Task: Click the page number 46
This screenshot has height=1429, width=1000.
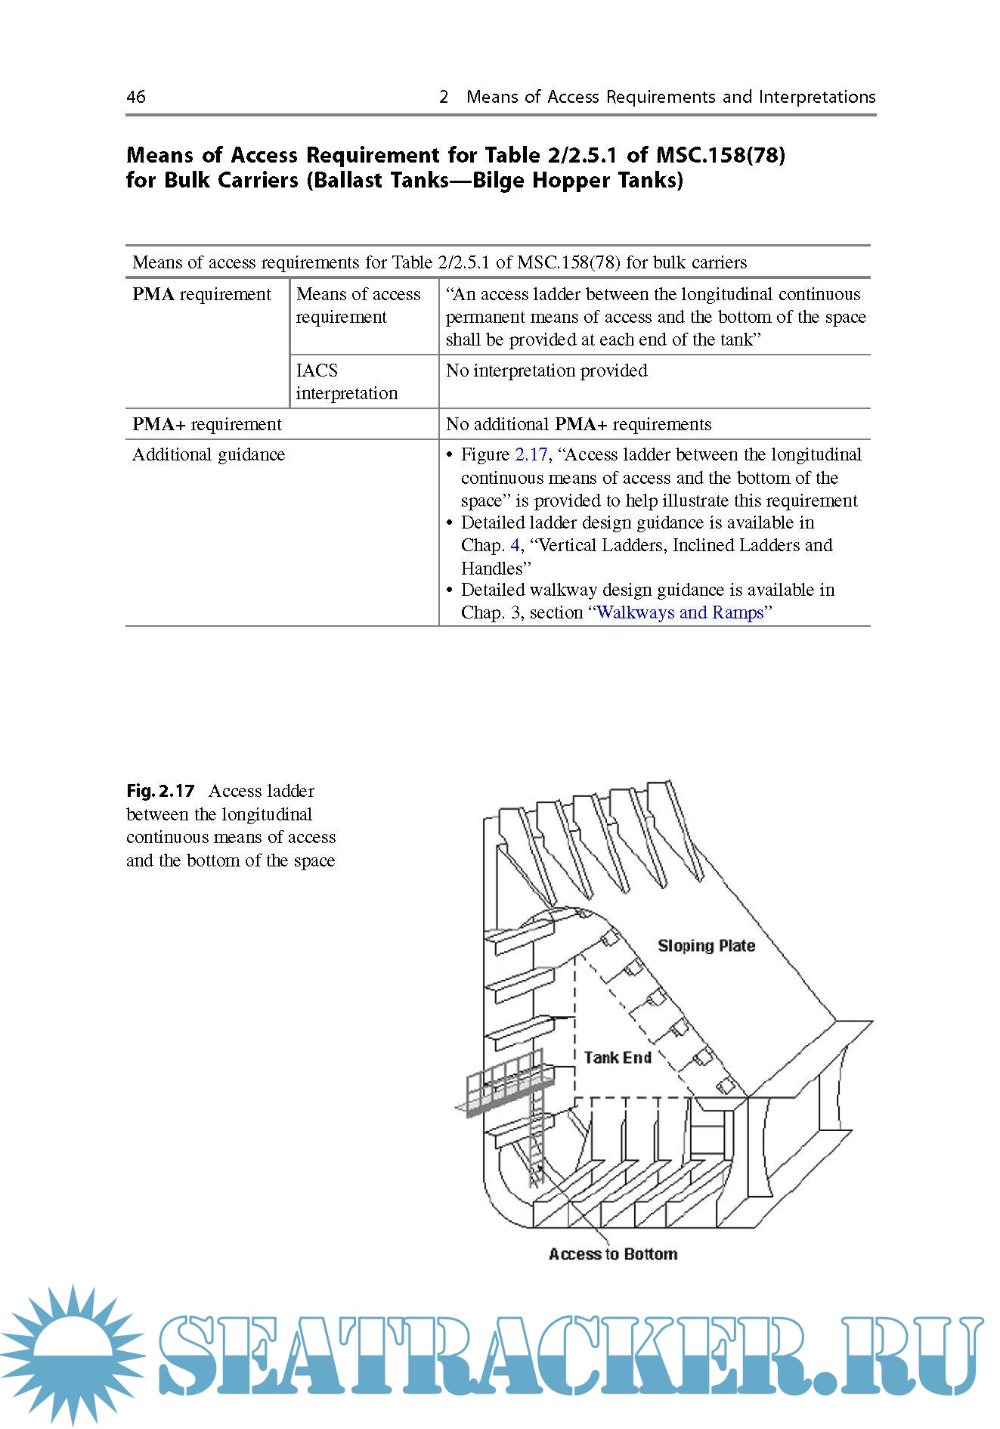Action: click(136, 97)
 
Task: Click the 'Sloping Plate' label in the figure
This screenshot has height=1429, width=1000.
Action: click(706, 946)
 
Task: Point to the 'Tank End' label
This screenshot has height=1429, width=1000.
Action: click(617, 1058)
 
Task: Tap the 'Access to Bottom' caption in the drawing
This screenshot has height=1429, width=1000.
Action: click(612, 1254)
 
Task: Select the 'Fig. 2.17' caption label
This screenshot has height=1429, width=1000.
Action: click(160, 791)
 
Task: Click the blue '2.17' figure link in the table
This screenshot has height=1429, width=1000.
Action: click(531, 454)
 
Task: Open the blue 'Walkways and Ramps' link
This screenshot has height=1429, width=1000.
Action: click(680, 612)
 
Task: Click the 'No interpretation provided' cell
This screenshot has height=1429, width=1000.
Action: click(546, 370)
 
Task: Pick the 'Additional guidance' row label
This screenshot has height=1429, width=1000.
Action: click(209, 454)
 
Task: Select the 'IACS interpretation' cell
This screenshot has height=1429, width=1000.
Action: click(346, 382)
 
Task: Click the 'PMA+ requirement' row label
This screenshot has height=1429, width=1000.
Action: click(206, 424)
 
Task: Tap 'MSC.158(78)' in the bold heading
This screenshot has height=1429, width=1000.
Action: click(720, 155)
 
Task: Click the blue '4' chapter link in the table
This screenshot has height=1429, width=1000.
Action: click(515, 545)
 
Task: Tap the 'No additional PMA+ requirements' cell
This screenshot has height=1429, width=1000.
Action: click(578, 424)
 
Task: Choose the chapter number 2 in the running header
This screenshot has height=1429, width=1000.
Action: click(444, 97)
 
